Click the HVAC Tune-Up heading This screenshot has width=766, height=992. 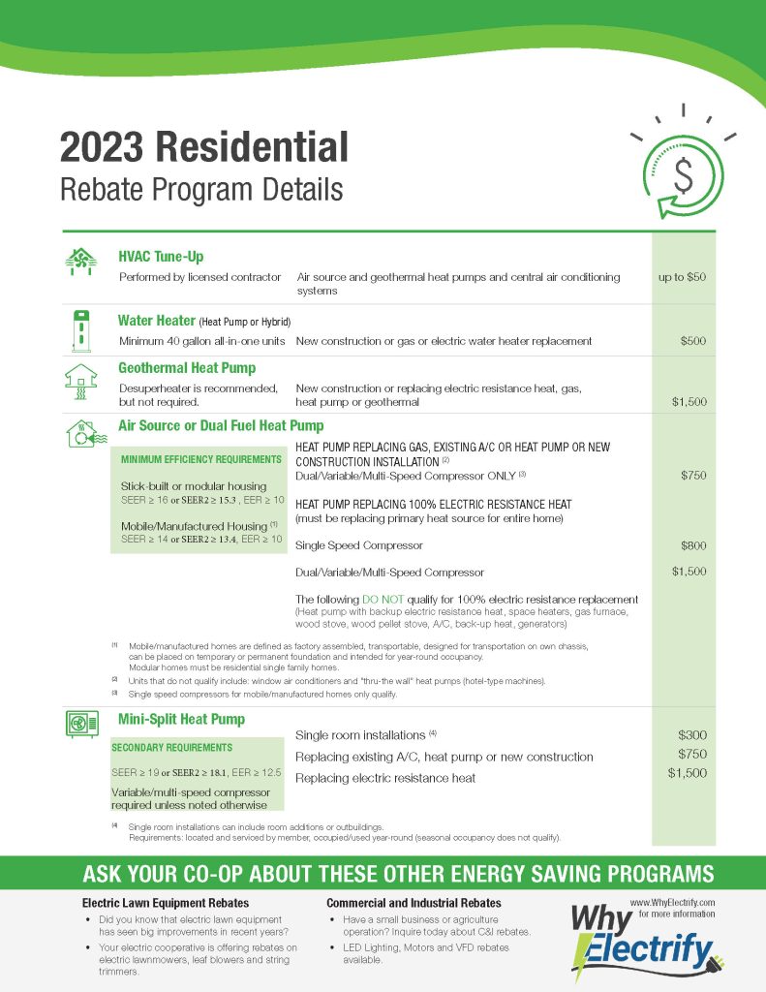click(161, 258)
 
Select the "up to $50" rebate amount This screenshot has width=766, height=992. click(683, 277)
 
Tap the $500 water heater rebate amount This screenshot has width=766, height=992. click(692, 341)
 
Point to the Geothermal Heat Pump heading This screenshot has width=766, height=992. click(187, 368)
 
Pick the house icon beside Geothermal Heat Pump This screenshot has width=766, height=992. click(81, 382)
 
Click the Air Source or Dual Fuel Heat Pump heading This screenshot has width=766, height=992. click(221, 425)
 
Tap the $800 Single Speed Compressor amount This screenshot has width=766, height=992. click(692, 546)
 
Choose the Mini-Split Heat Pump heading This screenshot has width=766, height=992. click(181, 720)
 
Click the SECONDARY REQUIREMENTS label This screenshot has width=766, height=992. click(173, 748)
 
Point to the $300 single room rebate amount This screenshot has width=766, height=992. click(692, 735)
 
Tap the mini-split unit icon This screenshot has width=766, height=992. click(81, 725)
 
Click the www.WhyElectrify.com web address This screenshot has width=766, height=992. click(672, 902)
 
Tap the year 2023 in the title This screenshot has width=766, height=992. click(102, 148)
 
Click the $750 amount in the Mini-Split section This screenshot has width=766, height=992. click(692, 755)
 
